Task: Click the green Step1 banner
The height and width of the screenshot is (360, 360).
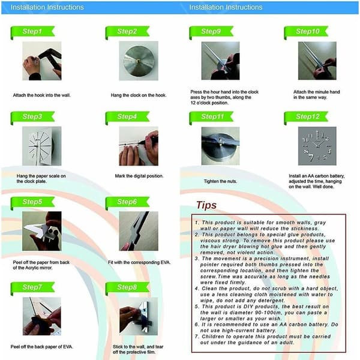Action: pos(32,32)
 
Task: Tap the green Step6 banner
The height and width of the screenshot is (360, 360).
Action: pos(127,202)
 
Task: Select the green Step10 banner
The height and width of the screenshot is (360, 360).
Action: pos(306,32)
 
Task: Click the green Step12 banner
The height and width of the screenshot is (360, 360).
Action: pos(306,117)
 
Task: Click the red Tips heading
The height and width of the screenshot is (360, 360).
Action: pos(206,205)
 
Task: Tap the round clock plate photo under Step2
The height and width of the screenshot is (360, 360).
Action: pos(139,61)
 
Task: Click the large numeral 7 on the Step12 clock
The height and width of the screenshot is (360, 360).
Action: pos(311,157)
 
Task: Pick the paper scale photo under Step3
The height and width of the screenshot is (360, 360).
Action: pos(42,146)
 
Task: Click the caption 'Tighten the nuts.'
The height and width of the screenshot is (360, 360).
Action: pos(220,181)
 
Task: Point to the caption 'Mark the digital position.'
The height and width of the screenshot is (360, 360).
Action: pos(139,176)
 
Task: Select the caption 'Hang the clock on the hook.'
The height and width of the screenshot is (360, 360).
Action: pos(139,95)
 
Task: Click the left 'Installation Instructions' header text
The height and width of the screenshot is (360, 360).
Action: pos(47,7)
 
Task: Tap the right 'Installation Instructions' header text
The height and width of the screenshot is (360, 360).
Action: pos(226,7)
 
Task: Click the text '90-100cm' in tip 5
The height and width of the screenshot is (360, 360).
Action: pos(268,313)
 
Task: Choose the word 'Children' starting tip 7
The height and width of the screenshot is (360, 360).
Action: pos(212,337)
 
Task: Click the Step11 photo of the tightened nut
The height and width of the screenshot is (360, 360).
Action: pos(220,146)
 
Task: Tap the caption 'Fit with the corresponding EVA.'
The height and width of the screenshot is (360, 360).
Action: pos(139,262)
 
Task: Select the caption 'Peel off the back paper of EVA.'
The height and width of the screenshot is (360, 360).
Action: pos(42,347)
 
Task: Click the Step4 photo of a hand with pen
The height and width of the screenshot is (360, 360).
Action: pos(139,146)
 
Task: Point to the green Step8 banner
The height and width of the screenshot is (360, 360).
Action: pos(127,287)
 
